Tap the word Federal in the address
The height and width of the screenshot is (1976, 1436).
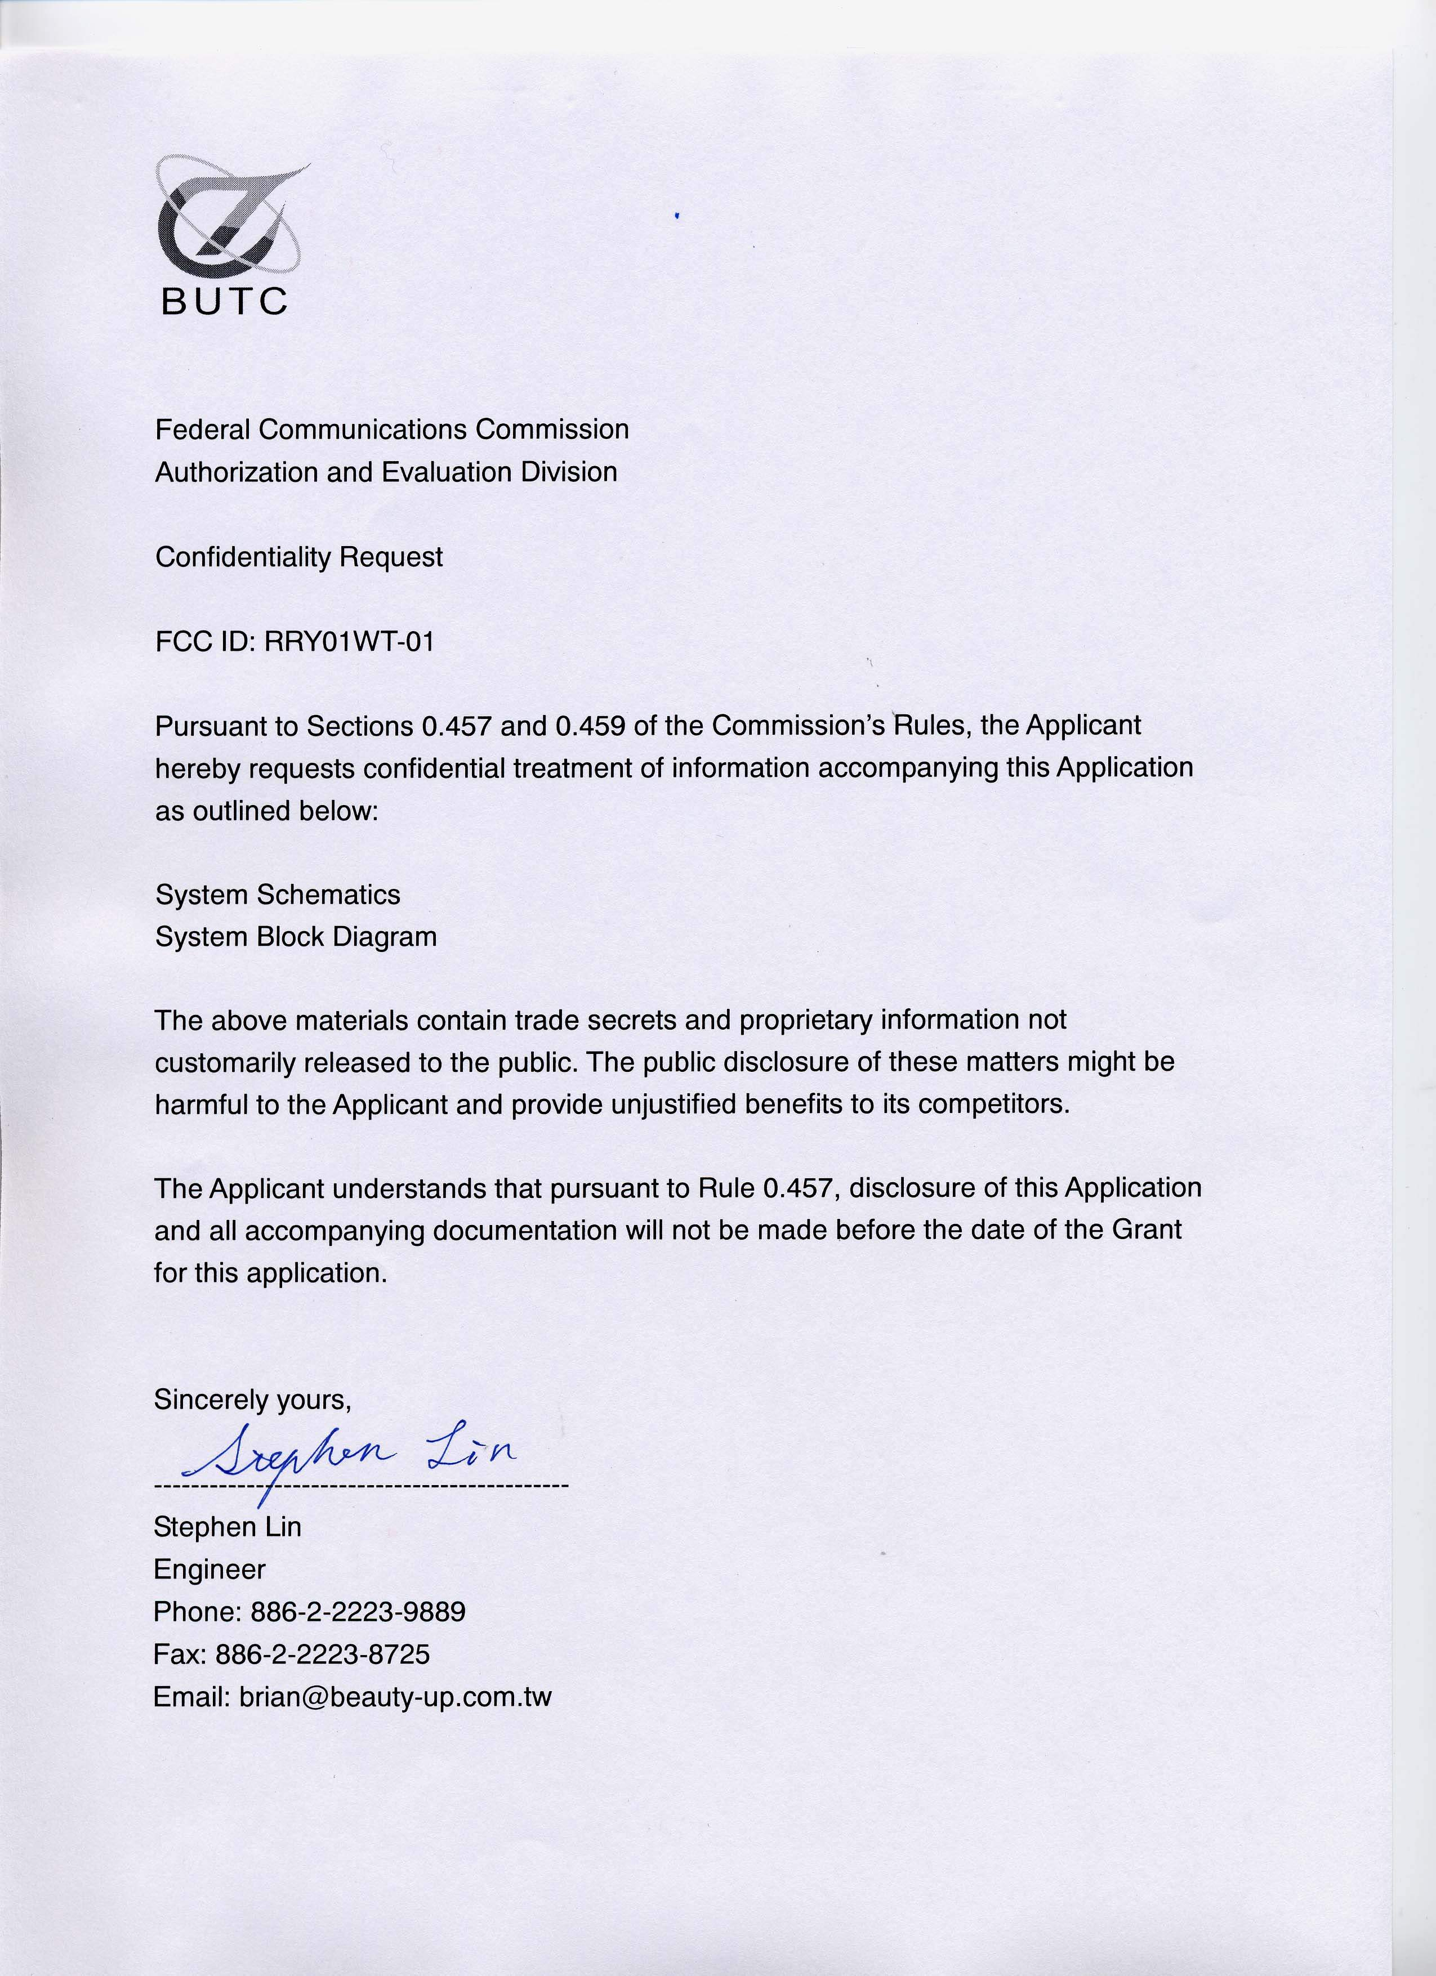tap(203, 430)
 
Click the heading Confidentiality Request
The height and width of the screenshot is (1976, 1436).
tap(299, 557)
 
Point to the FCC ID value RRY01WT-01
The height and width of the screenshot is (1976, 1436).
tap(349, 642)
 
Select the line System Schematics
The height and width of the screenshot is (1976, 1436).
tap(278, 895)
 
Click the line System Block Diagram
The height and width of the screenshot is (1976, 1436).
tap(296, 937)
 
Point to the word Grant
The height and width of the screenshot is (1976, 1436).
tap(1147, 1230)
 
